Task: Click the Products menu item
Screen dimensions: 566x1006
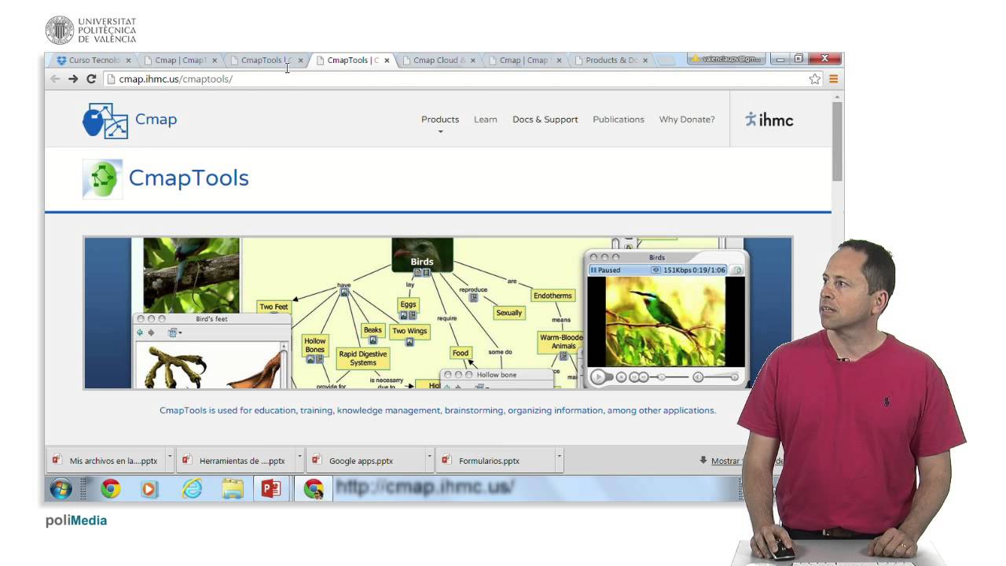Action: pos(439,119)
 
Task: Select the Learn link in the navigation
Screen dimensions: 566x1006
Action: pos(485,119)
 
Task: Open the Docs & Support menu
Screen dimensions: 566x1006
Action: pos(545,119)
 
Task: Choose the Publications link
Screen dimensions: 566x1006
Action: pos(618,119)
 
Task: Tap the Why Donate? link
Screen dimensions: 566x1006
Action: pos(687,119)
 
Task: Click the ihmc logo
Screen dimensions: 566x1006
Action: pos(769,119)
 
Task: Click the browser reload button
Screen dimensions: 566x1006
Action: pos(91,79)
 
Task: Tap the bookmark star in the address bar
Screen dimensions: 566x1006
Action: pos(815,79)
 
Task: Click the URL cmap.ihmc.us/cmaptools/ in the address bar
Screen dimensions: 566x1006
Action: pos(175,79)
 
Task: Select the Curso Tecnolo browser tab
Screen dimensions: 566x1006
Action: pos(94,61)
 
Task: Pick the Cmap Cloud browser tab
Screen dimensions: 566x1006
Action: pos(439,61)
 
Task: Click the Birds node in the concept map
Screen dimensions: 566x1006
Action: pos(422,261)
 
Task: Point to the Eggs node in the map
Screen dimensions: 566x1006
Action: pos(408,304)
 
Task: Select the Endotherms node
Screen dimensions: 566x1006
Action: pos(552,296)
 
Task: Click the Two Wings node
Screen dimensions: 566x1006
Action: pos(409,331)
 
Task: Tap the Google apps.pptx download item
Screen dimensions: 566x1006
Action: pos(361,461)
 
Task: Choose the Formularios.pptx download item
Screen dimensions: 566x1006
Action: pos(489,461)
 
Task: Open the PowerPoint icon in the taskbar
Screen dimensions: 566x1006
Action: pos(270,489)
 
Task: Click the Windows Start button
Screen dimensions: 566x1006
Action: pos(61,489)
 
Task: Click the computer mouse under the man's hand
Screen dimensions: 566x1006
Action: pos(780,553)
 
